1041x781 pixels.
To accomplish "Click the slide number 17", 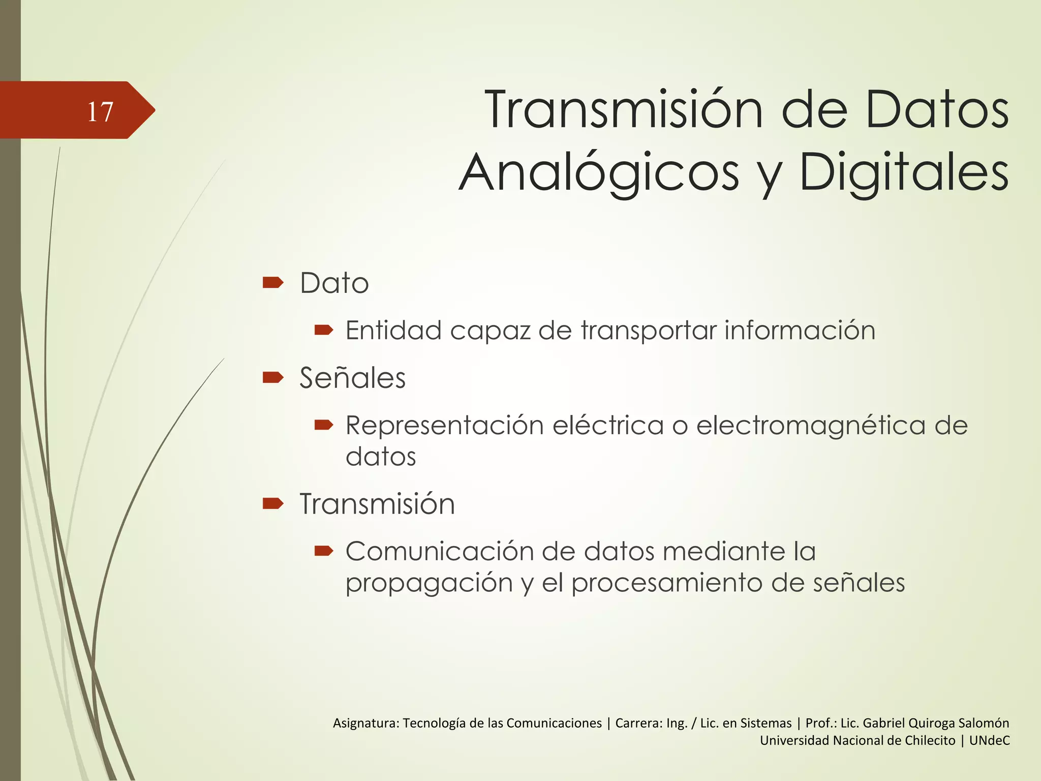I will click(100, 111).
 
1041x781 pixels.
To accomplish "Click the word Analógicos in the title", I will click(599, 173).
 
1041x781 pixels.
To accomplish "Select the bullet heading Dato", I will click(334, 283).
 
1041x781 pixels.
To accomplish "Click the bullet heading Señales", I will click(352, 378).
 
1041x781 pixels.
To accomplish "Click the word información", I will click(800, 330).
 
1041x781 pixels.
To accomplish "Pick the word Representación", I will click(445, 425).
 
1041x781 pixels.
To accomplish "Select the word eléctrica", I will click(608, 425).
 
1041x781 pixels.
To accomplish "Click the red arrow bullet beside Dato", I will click(273, 282).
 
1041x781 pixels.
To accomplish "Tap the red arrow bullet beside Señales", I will click(273, 377).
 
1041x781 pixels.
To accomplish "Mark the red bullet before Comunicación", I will click(323, 551).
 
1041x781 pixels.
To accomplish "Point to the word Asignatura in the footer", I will click(366, 723).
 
